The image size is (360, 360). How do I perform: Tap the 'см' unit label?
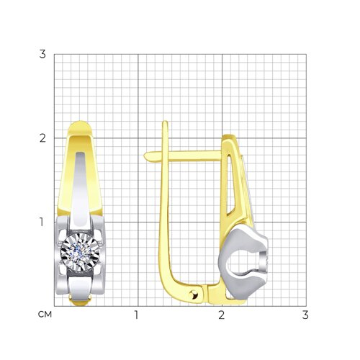45,315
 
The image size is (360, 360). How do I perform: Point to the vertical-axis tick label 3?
42,54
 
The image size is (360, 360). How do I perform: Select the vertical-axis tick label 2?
42,138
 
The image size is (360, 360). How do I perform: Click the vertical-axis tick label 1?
42,222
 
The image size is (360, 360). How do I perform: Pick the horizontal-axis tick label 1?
137,315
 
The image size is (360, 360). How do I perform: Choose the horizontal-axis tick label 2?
222,315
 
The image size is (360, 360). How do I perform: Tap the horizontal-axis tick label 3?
305,315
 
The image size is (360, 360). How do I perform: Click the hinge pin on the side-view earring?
194,294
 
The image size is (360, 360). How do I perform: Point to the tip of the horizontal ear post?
144,156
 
